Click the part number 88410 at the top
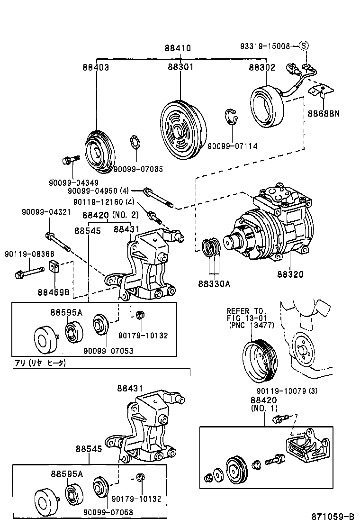pos(178,48)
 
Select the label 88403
pos(96,68)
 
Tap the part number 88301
pos(180,68)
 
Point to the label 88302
pos(262,68)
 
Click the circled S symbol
pos(304,46)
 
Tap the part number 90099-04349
pos(67,182)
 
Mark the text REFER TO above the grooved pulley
pos(245,311)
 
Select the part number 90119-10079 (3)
pos(287,391)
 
